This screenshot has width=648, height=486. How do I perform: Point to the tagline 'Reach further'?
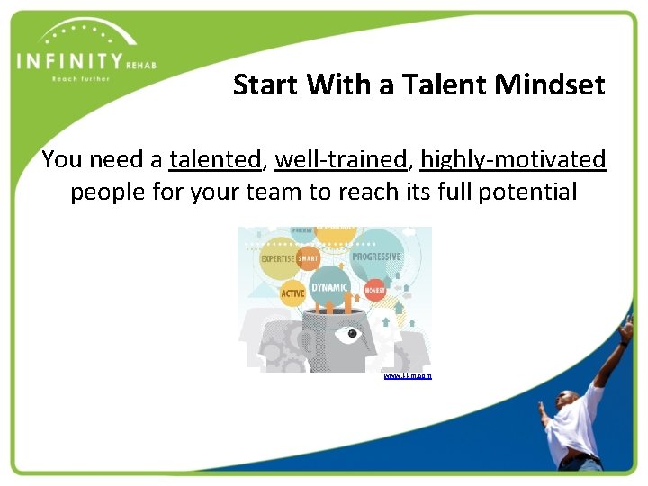click(x=80, y=78)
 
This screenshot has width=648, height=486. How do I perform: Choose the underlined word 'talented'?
click(x=214, y=159)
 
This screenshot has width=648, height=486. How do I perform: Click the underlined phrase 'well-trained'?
click(x=341, y=159)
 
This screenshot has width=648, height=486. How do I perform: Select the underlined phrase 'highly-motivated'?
click(x=513, y=159)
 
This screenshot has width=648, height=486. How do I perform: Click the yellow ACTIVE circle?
click(x=292, y=293)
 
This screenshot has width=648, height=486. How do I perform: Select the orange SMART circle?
click(x=308, y=258)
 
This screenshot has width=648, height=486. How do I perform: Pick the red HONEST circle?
click(x=375, y=291)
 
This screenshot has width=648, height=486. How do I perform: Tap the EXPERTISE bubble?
click(x=278, y=258)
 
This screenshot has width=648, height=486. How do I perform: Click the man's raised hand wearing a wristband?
click(x=625, y=329)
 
